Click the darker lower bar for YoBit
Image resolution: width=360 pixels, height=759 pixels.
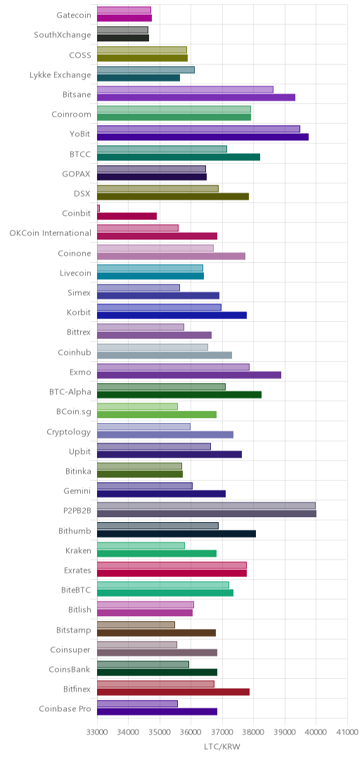[x=202, y=137]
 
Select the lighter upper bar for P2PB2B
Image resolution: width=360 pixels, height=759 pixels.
[x=206, y=506]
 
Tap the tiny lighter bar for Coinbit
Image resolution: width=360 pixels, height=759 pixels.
[x=98, y=208]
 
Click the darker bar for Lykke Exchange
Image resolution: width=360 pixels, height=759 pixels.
[x=138, y=77]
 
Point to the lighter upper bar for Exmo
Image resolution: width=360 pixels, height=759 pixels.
[x=173, y=367]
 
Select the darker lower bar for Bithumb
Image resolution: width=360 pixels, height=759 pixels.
[x=176, y=534]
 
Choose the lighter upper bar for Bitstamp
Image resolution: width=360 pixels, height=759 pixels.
[x=136, y=625]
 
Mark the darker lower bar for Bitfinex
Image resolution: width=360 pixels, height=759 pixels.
[x=173, y=692]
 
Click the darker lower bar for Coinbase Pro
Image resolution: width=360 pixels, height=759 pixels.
[x=157, y=711]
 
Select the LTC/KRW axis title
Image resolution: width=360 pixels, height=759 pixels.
[x=222, y=746]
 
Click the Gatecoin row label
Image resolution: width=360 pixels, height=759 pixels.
[x=73, y=15]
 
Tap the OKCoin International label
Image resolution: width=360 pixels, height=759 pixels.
[x=51, y=233]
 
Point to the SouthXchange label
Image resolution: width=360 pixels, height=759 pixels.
[x=63, y=35]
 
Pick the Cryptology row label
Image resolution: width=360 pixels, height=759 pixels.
[x=69, y=432]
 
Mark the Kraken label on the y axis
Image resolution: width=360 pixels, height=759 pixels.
[x=78, y=550]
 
